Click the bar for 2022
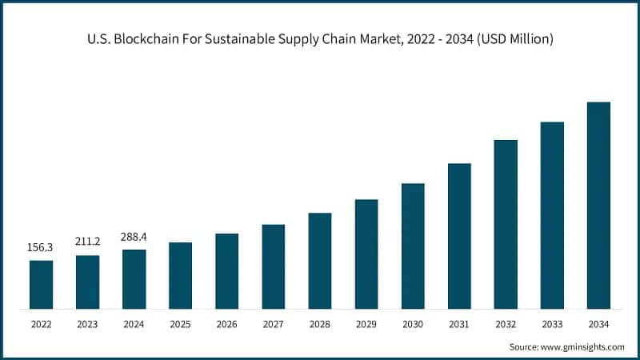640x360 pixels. (x=41, y=285)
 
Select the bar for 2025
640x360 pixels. (x=180, y=275)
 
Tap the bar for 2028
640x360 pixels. (x=320, y=261)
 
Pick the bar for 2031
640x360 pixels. (x=459, y=236)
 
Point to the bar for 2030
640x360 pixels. (x=413, y=246)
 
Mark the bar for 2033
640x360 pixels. (x=552, y=215)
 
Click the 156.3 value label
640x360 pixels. (x=41, y=248)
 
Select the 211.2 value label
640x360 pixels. (x=87, y=243)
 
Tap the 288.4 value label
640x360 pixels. (x=134, y=238)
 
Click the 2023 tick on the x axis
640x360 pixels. (x=87, y=325)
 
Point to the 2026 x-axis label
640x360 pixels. (x=226, y=325)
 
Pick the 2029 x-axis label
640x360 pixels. (x=366, y=325)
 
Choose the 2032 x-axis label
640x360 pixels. (x=506, y=325)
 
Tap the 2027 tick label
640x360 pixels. (x=273, y=325)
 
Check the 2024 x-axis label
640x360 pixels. (x=134, y=325)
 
